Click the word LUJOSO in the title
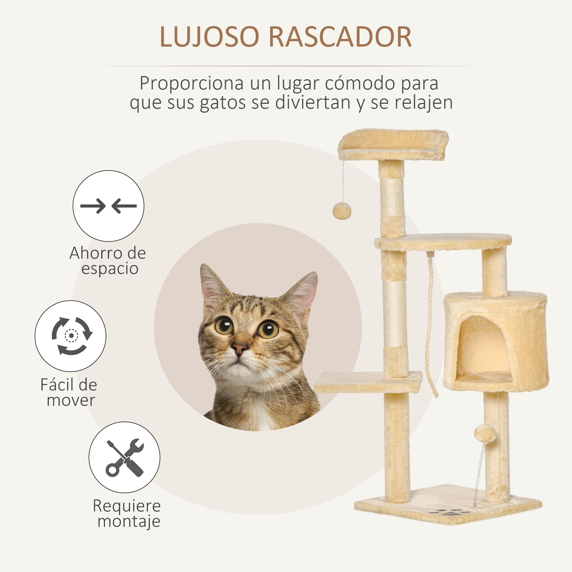[209, 37]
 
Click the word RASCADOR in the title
[340, 37]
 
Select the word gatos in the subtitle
[223, 102]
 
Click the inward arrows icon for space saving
[108, 206]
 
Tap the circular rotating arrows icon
[70, 336]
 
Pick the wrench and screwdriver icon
[124, 457]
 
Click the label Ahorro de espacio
[108, 261]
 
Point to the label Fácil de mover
[69, 392]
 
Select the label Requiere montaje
[127, 514]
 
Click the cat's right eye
[268, 329]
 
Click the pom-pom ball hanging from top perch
[342, 211]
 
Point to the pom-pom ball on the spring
[485, 434]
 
